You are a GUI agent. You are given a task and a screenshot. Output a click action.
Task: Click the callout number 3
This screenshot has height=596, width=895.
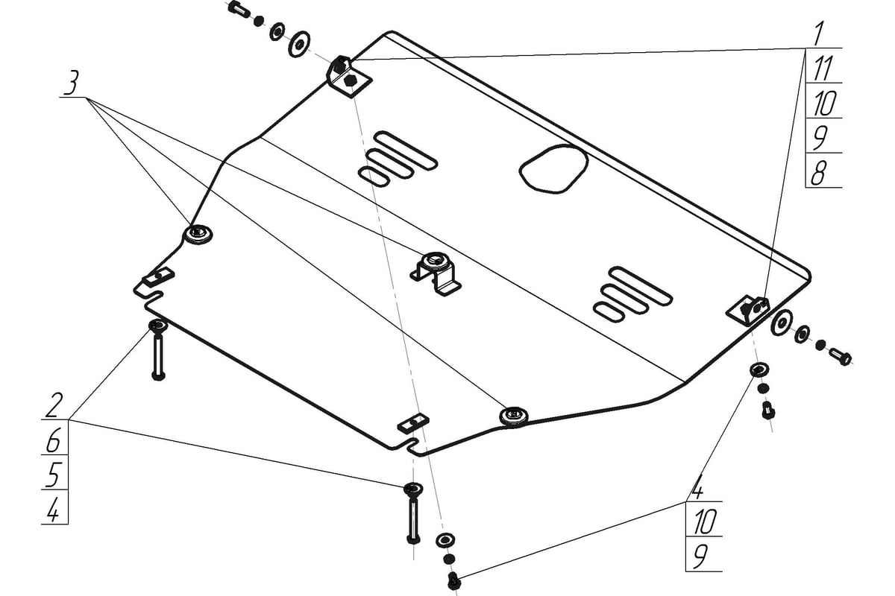click(x=72, y=83)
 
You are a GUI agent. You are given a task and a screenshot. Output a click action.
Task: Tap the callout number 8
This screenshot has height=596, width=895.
click(x=819, y=171)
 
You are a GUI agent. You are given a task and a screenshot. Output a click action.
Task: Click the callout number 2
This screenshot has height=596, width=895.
click(x=53, y=405)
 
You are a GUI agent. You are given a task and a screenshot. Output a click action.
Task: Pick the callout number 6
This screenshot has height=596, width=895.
click(x=54, y=440)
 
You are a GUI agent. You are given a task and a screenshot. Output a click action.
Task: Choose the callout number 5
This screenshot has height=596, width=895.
click(x=53, y=475)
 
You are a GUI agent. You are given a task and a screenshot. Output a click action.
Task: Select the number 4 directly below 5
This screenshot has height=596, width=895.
click(x=53, y=510)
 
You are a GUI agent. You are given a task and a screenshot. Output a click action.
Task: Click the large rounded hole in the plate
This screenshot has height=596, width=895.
click(x=553, y=169)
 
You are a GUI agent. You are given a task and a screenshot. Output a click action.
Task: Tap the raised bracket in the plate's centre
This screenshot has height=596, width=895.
click(x=436, y=273)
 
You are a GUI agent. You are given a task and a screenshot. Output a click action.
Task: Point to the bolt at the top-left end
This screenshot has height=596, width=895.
click(x=239, y=10)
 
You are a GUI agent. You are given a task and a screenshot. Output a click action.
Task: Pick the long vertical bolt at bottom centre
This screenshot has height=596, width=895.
click(x=412, y=513)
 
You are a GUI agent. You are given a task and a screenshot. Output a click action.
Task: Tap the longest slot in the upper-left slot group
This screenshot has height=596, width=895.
click(x=406, y=150)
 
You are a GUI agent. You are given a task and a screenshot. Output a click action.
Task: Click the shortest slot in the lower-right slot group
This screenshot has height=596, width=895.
click(x=609, y=312)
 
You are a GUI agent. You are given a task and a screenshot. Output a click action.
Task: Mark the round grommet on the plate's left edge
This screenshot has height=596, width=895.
click(x=198, y=235)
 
